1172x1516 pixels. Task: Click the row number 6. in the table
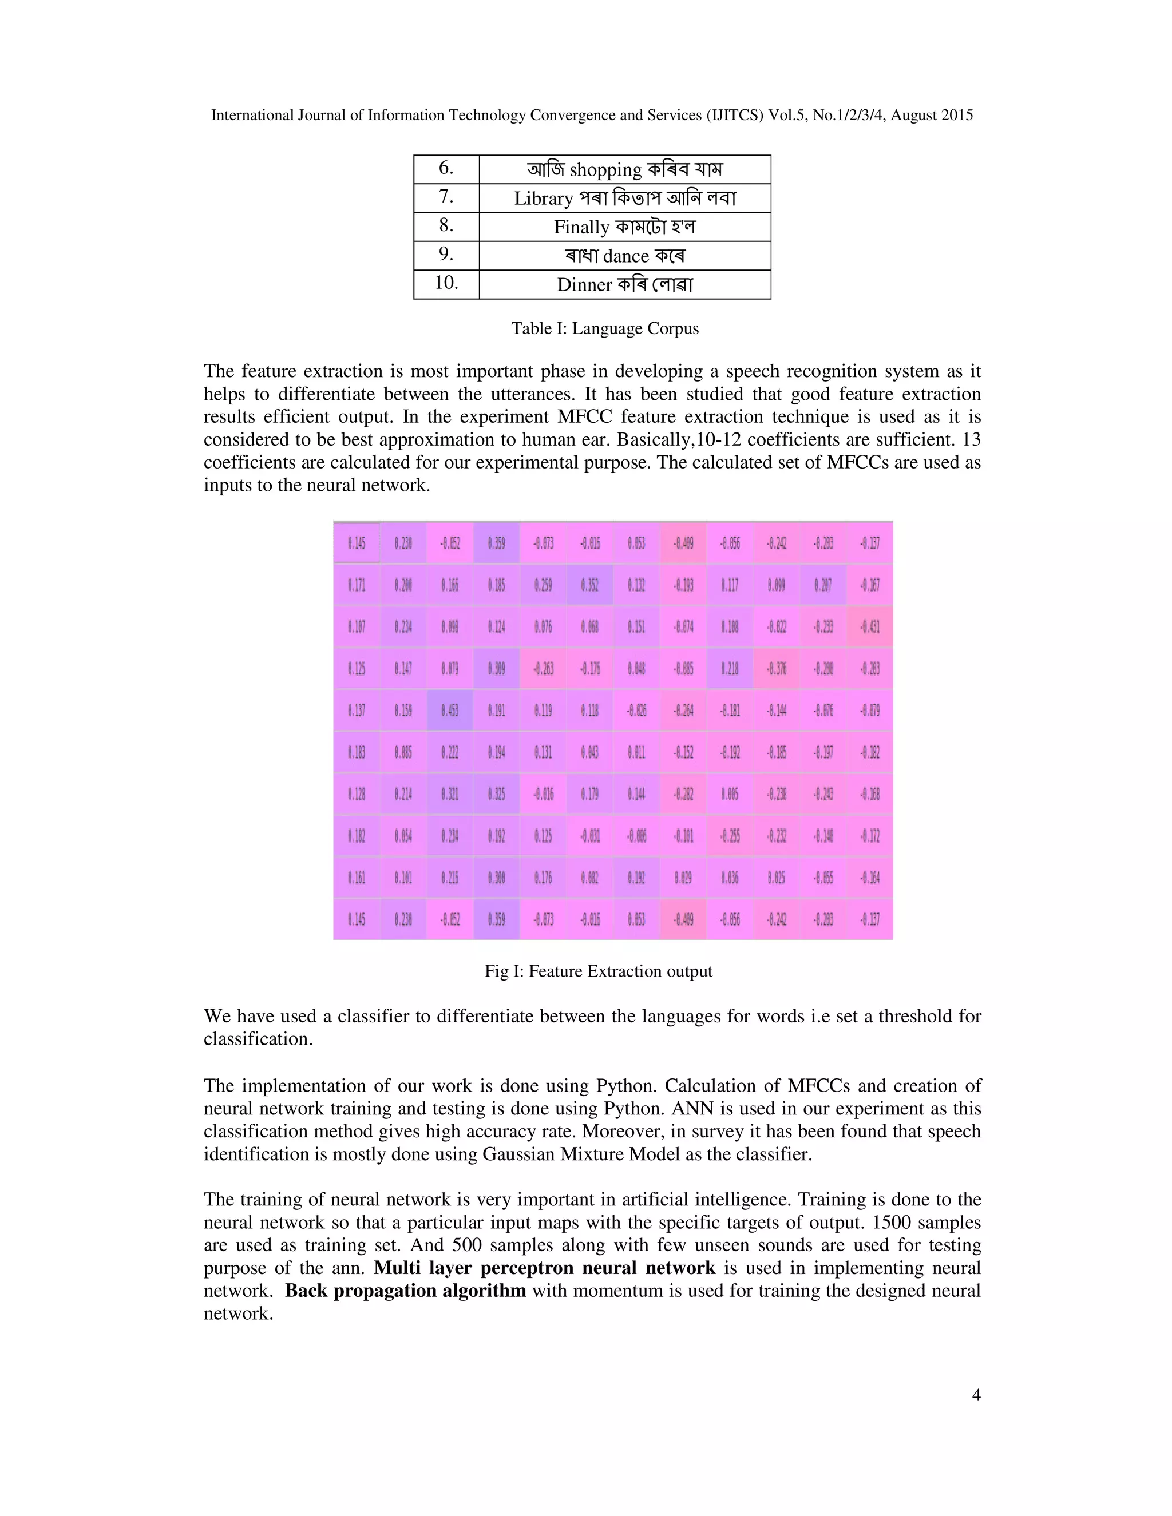[x=446, y=168]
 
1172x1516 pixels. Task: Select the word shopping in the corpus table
[x=605, y=170]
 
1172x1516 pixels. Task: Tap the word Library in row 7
[x=543, y=199]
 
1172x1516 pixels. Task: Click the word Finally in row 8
[x=581, y=228]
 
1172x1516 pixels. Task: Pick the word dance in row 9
[x=625, y=256]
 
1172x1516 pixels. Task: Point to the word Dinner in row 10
[x=584, y=285]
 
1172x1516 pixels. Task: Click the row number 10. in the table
[x=446, y=283]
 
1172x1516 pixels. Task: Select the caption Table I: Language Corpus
[x=605, y=328]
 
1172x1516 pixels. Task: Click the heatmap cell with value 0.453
[x=450, y=711]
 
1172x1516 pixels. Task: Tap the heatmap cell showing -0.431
[x=869, y=627]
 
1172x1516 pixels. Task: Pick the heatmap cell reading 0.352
[x=589, y=585]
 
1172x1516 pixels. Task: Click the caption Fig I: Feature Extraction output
[x=598, y=971]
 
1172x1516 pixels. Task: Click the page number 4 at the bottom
[x=976, y=1395]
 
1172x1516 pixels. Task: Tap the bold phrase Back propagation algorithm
[x=406, y=1291]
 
